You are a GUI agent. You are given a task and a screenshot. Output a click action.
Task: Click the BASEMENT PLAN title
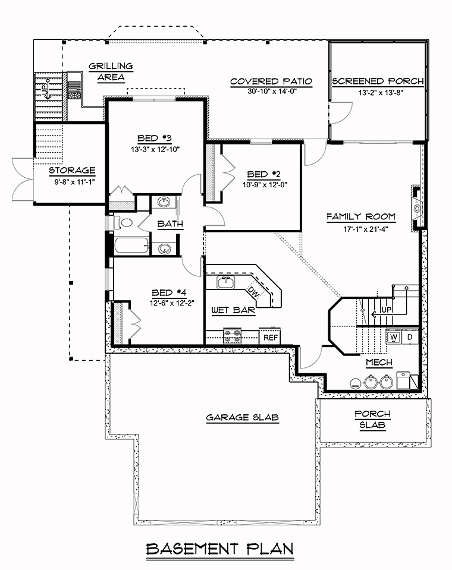coord(219,549)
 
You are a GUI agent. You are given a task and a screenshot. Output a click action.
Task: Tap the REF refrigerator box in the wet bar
coord(271,337)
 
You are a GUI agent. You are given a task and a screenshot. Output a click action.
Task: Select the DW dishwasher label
coord(252,292)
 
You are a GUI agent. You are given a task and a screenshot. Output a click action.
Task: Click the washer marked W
coord(394,337)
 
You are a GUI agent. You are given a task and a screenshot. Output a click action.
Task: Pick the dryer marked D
coord(410,337)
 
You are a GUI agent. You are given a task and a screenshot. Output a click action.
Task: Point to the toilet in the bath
coord(123,222)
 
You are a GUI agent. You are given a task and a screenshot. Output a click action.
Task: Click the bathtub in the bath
coord(132,246)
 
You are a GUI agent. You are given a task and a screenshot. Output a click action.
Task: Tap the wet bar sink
coord(226,282)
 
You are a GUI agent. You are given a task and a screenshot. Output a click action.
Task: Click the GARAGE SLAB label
coord(243,417)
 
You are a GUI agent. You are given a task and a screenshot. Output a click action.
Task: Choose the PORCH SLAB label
coord(372,419)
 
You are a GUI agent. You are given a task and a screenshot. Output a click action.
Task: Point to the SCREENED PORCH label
coord(378,81)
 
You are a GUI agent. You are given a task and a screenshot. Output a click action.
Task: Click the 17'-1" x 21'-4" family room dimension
coord(361,229)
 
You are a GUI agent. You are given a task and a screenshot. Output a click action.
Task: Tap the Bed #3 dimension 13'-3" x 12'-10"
coord(155,149)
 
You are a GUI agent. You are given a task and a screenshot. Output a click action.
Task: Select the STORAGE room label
coord(72,171)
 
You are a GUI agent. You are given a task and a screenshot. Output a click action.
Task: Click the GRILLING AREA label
coord(111,71)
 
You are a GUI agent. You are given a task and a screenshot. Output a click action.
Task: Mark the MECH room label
coord(379,363)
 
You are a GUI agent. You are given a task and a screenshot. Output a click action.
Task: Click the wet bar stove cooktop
coord(232,336)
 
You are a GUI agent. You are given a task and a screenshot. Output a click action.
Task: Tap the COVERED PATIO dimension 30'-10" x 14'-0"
coord(272,92)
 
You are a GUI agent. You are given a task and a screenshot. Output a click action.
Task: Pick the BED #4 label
coord(169,292)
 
